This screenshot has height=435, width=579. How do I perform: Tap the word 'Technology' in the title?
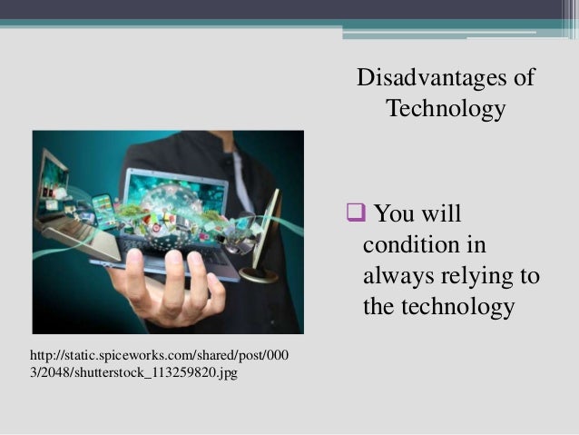click(x=446, y=109)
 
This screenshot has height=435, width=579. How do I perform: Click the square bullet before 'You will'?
click(x=355, y=214)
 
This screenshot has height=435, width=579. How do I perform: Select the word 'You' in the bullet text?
click(x=393, y=214)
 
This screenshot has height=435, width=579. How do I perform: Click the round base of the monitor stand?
click(x=260, y=272)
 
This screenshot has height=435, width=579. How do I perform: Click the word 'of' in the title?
click(x=524, y=77)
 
